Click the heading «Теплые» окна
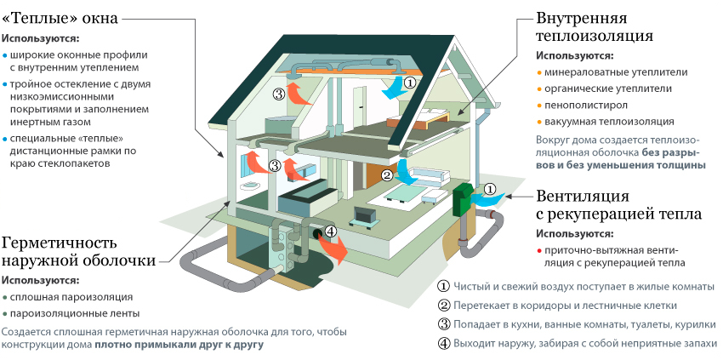[x=60, y=17]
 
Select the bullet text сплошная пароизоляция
[x=71, y=297]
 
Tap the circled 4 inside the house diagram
[x=331, y=230]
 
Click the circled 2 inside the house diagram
[x=387, y=175]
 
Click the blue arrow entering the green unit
[x=487, y=199]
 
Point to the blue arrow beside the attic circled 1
[x=393, y=89]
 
